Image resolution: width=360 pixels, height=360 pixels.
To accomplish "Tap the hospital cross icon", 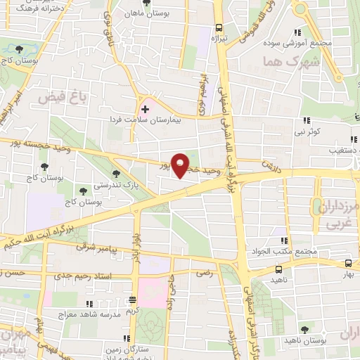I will (x=146, y=109).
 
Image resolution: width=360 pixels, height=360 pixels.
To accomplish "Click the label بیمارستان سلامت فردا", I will (x=141, y=121).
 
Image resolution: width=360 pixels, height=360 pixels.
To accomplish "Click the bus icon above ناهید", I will (x=279, y=268).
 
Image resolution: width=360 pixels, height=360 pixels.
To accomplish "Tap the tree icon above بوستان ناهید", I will (x=304, y=328).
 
